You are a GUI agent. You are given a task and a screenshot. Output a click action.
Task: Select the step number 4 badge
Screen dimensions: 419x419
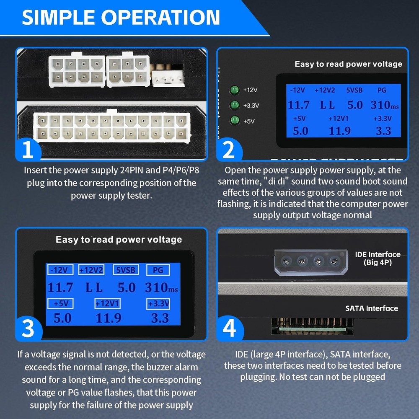tap(229, 329)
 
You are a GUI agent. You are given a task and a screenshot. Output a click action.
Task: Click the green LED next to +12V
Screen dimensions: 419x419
tap(235, 90)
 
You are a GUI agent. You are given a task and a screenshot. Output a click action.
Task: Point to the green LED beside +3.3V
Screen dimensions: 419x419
tap(235, 105)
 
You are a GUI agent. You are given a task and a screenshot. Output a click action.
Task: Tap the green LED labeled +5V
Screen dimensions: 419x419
tap(235, 121)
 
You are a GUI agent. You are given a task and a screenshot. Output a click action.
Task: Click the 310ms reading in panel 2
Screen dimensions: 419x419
tap(385, 105)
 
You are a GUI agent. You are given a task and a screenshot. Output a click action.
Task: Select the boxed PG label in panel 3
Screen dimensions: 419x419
tap(158, 270)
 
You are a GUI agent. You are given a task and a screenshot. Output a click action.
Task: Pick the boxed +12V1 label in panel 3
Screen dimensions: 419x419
tap(108, 303)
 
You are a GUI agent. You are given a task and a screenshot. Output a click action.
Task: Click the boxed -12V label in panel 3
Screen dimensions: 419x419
tap(60, 270)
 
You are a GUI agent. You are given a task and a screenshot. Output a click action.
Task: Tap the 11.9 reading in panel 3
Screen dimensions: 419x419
tap(108, 318)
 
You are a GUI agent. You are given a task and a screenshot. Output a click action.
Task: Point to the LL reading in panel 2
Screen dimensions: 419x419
tap(328, 105)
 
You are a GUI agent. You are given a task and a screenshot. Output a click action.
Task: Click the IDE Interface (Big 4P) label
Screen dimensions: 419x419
tap(378, 258)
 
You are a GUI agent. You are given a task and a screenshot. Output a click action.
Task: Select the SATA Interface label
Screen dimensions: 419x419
tap(371, 308)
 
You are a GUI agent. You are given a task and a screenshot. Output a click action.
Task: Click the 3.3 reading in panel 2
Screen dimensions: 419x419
tap(383, 131)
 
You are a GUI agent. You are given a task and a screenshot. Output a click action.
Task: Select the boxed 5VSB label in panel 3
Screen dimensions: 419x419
tap(126, 270)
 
